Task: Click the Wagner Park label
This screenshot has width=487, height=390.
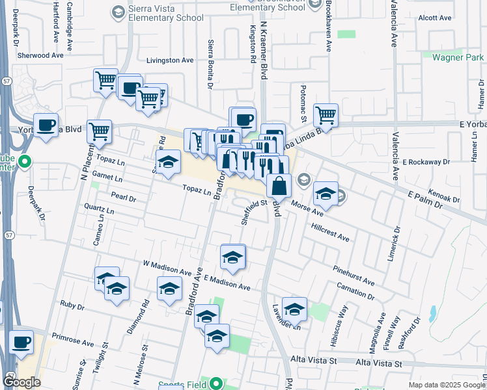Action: coord(457,57)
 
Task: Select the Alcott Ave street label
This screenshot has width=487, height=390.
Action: coord(436,18)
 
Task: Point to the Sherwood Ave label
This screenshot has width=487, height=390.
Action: coord(40,56)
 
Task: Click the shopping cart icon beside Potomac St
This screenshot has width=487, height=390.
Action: coord(326,116)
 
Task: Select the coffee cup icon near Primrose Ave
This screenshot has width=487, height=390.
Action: coord(21,342)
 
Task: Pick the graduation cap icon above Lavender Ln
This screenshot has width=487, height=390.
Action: coord(294,309)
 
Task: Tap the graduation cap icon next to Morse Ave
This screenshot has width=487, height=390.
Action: coord(326,194)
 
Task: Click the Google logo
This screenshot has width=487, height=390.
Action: coord(21,382)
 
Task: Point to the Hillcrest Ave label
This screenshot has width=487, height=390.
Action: coord(330,233)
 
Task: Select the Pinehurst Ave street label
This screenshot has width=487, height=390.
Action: coord(354,276)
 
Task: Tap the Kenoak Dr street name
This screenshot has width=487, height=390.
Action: coord(444,196)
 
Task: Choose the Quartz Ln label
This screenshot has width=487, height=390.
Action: coord(99,211)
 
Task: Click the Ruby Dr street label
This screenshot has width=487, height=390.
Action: coord(72,305)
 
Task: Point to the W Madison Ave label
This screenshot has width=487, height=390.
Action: coord(167,267)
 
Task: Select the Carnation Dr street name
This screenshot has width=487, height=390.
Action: coord(355,291)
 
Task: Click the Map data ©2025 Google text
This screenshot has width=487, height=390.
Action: coord(446,385)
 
